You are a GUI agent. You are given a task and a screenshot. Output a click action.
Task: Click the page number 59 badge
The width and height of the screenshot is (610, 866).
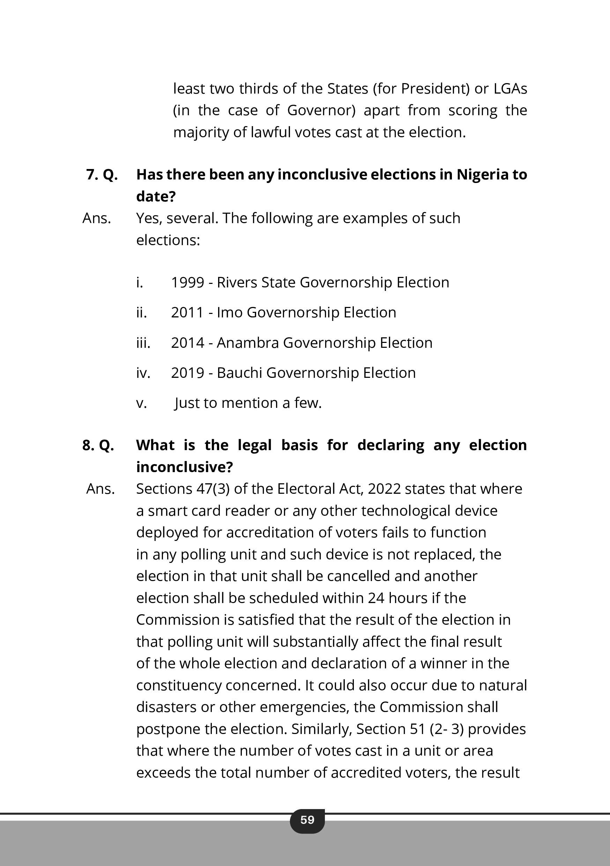(x=307, y=820)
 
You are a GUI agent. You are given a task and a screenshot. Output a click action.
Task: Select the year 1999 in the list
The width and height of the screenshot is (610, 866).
(x=187, y=282)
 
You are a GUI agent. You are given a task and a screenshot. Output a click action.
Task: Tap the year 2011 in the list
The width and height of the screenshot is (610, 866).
(x=187, y=313)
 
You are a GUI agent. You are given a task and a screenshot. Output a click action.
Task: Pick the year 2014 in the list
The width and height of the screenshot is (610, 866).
(x=187, y=343)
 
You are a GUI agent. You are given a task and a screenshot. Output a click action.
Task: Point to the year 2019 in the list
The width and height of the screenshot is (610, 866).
(x=187, y=373)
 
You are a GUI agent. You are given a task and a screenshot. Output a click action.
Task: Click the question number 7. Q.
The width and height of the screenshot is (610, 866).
(x=102, y=175)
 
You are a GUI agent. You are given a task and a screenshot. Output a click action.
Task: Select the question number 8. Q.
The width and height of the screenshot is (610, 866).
(x=98, y=446)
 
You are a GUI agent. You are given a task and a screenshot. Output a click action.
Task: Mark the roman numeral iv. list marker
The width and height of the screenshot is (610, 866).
(x=143, y=373)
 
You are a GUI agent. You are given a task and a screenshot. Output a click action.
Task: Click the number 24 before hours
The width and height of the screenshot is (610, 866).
(x=376, y=598)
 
